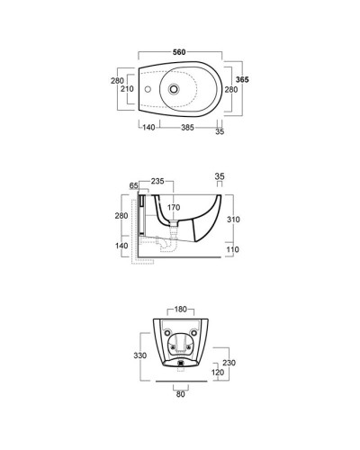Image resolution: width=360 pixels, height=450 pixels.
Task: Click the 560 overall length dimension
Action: point(179,52)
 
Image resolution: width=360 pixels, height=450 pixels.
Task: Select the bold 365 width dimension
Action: point(242,79)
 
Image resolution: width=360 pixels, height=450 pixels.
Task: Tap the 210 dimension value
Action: point(127,89)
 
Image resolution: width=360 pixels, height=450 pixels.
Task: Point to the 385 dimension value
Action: point(187,128)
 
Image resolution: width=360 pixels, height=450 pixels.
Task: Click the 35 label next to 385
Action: point(220,131)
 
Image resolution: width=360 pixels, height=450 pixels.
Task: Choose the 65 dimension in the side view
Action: point(133,186)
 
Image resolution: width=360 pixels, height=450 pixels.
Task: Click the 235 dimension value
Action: point(157,181)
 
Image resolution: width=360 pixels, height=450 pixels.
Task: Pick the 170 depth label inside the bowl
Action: point(174,207)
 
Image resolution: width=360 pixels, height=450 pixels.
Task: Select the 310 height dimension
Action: point(233,220)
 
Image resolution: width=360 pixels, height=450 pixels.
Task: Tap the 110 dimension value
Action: point(233,249)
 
